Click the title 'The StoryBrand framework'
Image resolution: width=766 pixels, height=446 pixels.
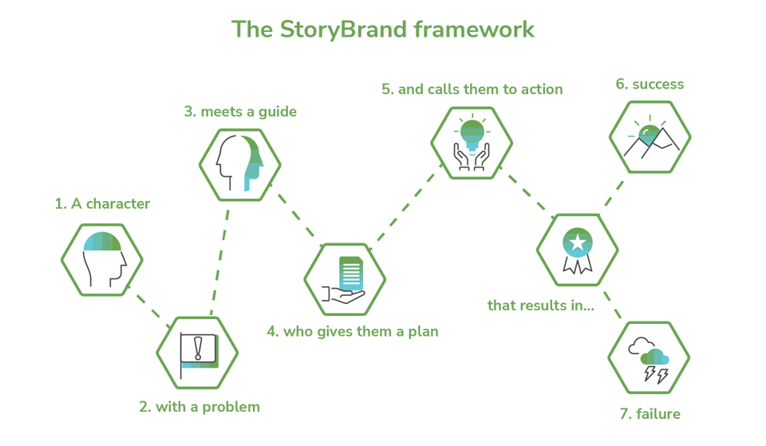(x=383, y=30)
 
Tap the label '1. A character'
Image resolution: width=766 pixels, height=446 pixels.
(x=102, y=204)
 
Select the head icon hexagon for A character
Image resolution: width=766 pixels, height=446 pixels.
(x=102, y=259)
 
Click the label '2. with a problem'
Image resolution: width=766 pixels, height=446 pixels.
(x=199, y=407)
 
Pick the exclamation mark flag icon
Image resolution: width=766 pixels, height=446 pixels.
(x=197, y=352)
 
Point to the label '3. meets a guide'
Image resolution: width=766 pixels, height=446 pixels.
(x=240, y=112)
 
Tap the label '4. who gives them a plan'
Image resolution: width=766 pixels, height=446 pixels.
(x=352, y=330)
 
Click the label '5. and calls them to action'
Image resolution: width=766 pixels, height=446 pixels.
(x=472, y=89)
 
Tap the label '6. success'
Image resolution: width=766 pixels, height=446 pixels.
(x=650, y=84)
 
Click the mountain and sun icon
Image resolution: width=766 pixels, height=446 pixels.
(x=650, y=136)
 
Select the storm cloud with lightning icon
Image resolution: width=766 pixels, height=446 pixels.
(x=649, y=358)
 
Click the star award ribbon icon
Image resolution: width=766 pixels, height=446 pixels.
(x=576, y=250)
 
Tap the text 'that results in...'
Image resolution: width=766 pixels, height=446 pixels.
(x=540, y=306)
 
